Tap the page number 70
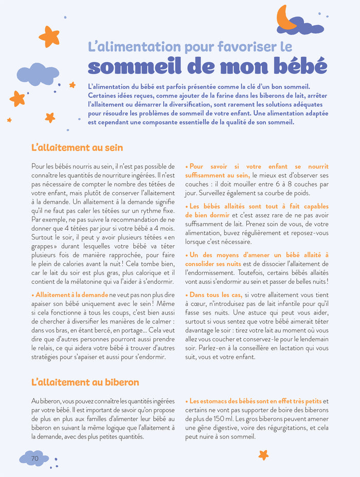[x=35, y=458]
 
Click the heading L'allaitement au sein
[x=77, y=148]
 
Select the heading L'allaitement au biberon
[x=85, y=382]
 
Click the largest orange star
[x=49, y=36]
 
